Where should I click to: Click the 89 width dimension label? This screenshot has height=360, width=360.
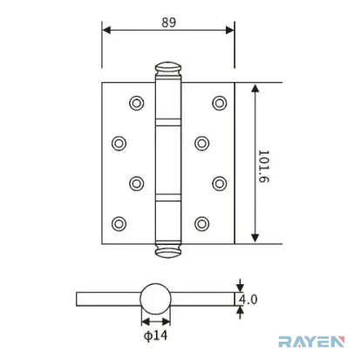click(x=169, y=23)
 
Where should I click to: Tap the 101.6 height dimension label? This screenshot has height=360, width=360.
click(x=264, y=166)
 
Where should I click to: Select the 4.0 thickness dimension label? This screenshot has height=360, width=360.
click(x=248, y=299)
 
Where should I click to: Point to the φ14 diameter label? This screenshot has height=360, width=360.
click(x=156, y=336)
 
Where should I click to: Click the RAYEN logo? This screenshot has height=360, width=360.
click(x=311, y=342)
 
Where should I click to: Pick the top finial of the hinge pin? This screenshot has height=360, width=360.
click(x=168, y=69)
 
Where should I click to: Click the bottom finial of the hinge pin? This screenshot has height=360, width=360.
click(x=168, y=251)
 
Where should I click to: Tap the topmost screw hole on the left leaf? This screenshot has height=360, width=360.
click(x=137, y=103)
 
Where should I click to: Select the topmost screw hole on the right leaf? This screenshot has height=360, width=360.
click(x=220, y=103)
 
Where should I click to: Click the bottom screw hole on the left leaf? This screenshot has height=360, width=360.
click(x=119, y=224)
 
